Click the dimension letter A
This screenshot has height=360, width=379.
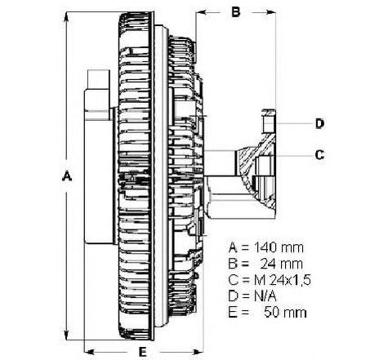click(x=67, y=176)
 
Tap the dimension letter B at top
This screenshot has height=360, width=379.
click(x=236, y=12)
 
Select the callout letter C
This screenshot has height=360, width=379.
click(x=319, y=155)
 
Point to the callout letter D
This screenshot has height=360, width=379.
click(x=320, y=123)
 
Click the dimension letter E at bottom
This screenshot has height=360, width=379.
click(x=142, y=352)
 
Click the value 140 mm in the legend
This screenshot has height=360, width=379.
click(x=279, y=247)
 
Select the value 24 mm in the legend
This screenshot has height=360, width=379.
click(x=281, y=264)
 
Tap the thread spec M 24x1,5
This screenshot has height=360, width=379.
click(x=283, y=280)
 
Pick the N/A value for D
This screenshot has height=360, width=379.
click(x=265, y=296)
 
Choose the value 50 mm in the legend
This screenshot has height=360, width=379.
click(x=285, y=313)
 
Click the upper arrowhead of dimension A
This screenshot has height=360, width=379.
click(x=66, y=17)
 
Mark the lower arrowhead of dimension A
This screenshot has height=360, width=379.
click(x=66, y=335)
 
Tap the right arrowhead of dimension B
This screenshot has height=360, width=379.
click(x=270, y=12)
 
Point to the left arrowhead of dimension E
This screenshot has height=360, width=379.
click(x=90, y=352)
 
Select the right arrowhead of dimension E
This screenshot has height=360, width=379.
click(x=198, y=352)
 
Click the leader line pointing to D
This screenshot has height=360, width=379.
click(x=294, y=123)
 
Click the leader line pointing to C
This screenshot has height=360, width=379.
click(x=292, y=156)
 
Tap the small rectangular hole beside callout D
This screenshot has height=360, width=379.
click(x=268, y=123)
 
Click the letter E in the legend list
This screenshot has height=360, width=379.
click(x=232, y=313)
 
